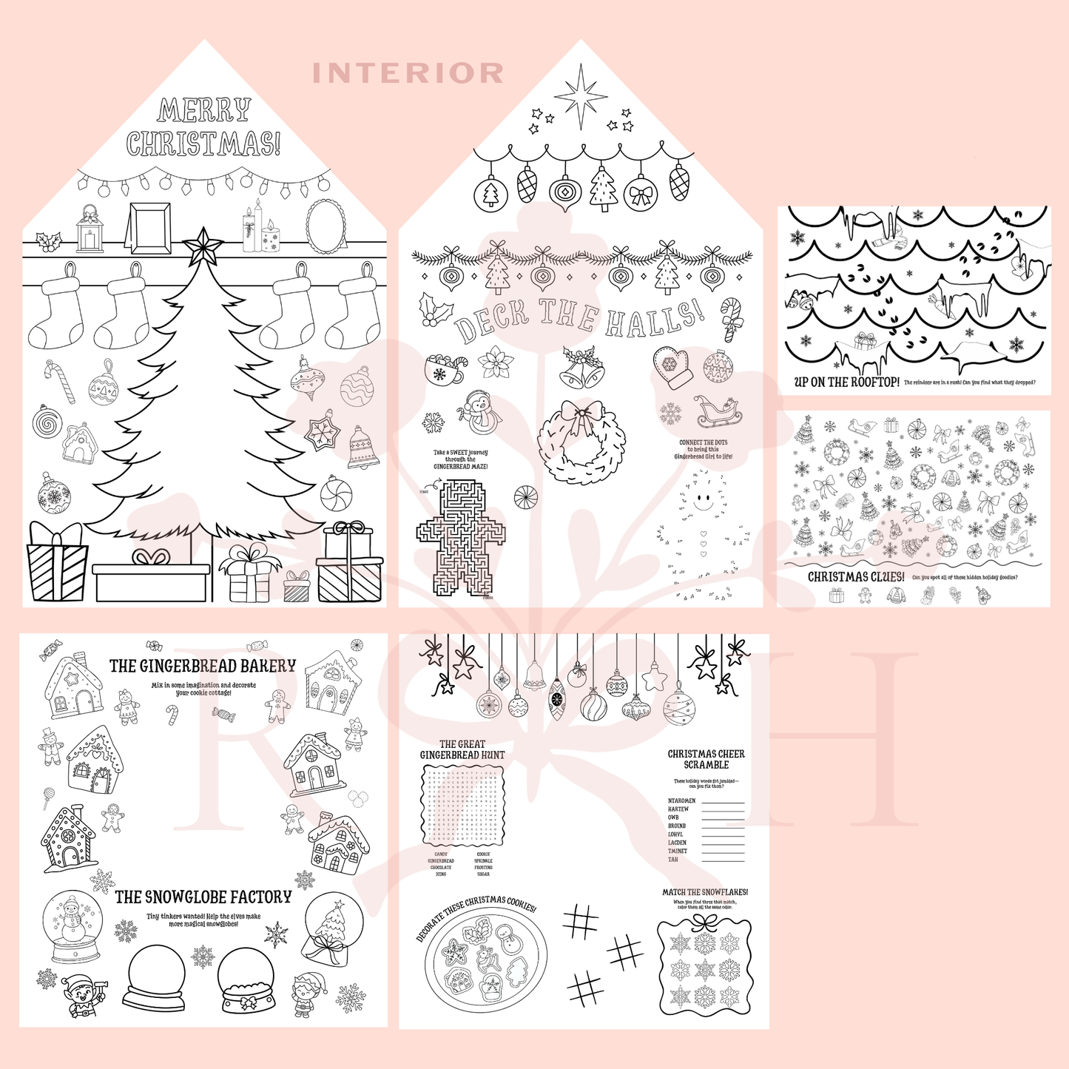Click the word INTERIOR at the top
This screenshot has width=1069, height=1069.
click(x=408, y=73)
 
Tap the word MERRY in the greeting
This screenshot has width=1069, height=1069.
click(x=204, y=111)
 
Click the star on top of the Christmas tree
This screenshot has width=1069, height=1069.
click(x=202, y=246)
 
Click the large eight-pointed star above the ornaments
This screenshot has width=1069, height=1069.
click(x=581, y=96)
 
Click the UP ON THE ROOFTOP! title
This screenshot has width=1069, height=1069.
click(x=846, y=382)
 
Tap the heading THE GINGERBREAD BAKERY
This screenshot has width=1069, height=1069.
click(x=203, y=666)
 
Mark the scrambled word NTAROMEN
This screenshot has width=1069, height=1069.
click(x=681, y=800)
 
